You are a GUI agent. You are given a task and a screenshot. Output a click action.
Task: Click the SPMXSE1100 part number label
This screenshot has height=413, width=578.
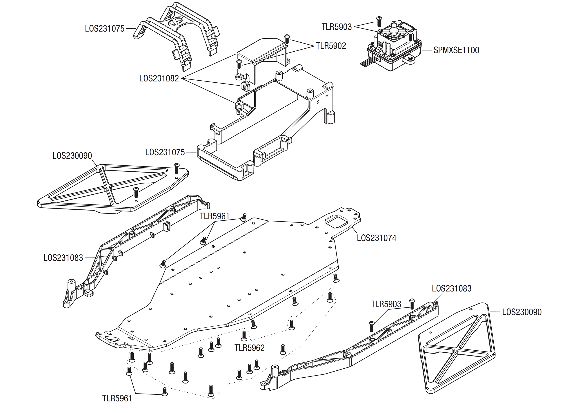pyautogui.click(x=456, y=50)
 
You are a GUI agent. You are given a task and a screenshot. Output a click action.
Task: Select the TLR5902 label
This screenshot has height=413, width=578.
pyautogui.click(x=331, y=46)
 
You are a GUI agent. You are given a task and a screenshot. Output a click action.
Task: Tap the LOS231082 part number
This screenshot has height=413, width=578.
pyautogui.click(x=159, y=78)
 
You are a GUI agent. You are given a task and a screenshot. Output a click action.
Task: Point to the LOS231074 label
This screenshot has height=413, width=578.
pyautogui.click(x=377, y=238)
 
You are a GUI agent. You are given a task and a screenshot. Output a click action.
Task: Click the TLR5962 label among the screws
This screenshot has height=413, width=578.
pyautogui.click(x=249, y=348)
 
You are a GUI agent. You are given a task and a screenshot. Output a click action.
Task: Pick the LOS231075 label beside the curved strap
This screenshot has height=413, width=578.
pyautogui.click(x=105, y=28)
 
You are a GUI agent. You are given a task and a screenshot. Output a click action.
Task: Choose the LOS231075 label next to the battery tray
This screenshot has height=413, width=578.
pyautogui.click(x=165, y=152)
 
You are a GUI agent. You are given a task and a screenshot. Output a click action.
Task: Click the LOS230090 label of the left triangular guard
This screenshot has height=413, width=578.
pyautogui.click(x=72, y=156)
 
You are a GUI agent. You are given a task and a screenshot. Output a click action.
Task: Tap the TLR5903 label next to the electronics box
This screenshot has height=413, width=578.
pyautogui.click(x=337, y=27)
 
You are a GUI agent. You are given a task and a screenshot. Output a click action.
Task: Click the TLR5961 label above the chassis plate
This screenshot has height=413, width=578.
pyautogui.click(x=214, y=216)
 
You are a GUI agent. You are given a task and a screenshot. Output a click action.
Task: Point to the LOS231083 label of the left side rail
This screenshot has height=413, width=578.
pyautogui.click(x=63, y=258)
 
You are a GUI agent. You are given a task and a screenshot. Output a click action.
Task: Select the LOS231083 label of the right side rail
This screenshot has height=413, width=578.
pyautogui.click(x=451, y=288)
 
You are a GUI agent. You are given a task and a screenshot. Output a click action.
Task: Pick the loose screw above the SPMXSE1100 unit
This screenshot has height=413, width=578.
pyautogui.click(x=379, y=21)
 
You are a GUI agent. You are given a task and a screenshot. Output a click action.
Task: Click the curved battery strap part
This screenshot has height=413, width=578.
pyautogui.click(x=175, y=36)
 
